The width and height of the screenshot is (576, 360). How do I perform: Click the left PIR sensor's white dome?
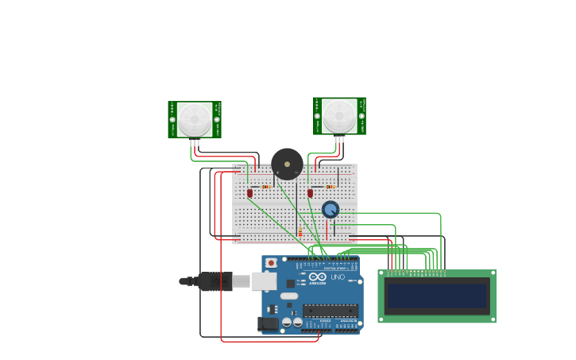pos(195,119)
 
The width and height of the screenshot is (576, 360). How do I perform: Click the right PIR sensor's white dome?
pos(339,116)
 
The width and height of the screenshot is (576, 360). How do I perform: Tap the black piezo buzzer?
pos(287,164)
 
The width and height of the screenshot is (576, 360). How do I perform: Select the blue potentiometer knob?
pos(331,210)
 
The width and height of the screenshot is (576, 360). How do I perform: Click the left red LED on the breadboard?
pos(249,193)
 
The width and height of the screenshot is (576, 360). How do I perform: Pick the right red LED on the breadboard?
pos(310,193)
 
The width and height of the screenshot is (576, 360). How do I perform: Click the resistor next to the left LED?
pos(266,187)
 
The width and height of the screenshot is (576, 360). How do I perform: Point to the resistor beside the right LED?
pos(329,187)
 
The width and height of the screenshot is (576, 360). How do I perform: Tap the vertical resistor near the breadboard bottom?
pos(300,231)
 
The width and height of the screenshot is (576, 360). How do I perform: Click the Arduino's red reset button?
pos(271,262)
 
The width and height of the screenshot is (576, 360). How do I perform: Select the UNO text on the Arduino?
pos(338,277)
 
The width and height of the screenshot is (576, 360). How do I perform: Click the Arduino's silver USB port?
pos(264,281)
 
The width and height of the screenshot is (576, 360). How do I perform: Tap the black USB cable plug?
pos(215,281)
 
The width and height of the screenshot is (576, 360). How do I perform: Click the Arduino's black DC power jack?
pos(268,323)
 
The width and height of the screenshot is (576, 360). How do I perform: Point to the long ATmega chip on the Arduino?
pos(330,311)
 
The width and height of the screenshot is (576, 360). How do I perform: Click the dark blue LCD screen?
pos(436,296)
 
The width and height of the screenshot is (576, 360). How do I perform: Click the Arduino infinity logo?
pos(317,277)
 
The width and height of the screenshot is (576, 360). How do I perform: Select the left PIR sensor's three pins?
pos(195,142)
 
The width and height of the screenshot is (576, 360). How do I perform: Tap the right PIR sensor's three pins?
pos(339,139)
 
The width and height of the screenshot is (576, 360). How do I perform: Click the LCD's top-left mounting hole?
pos(381,273)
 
